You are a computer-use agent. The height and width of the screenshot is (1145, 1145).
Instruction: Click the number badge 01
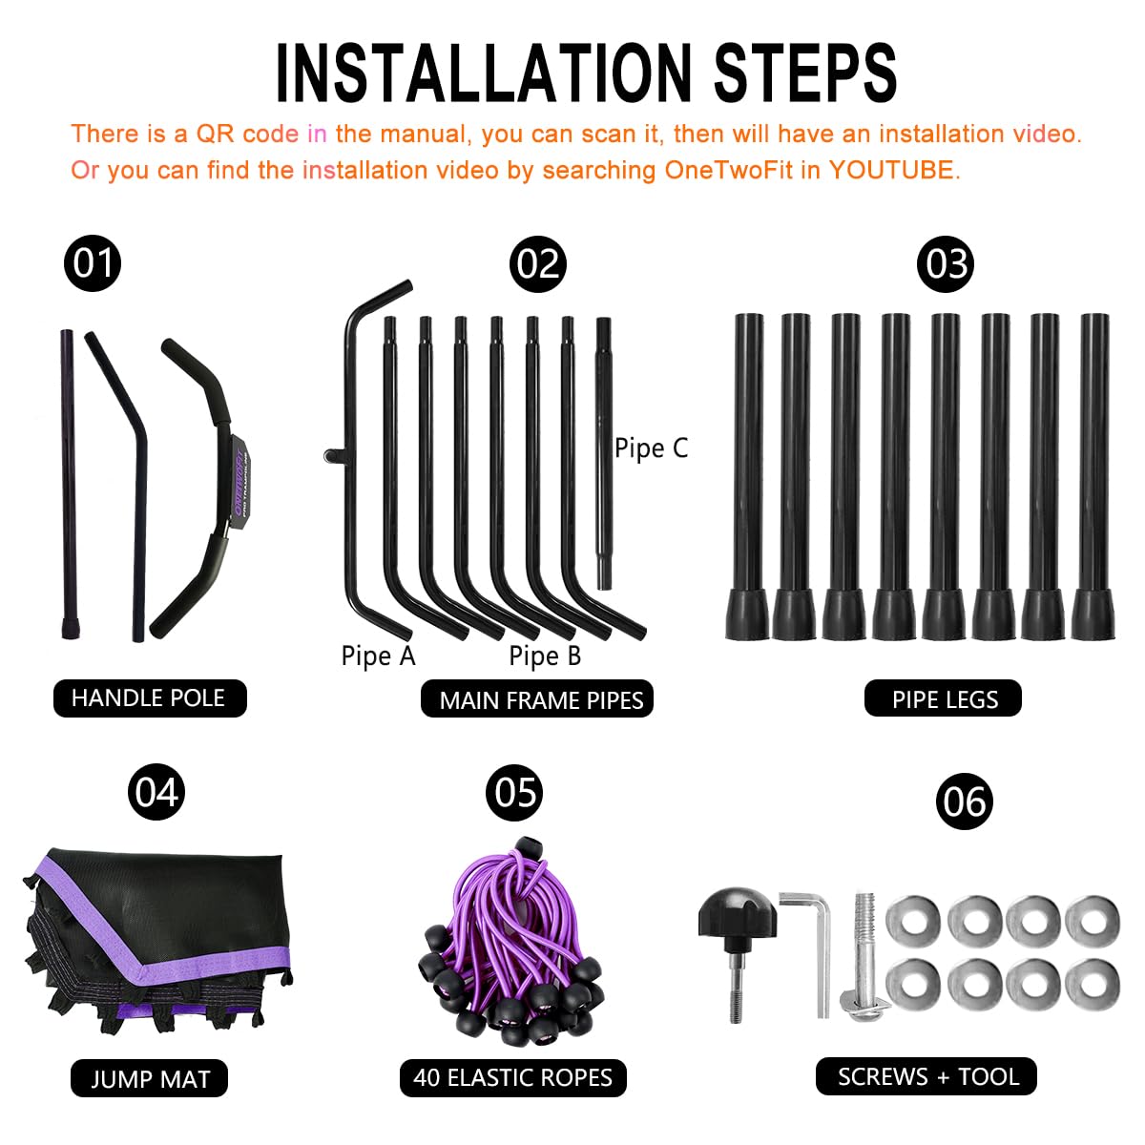(x=93, y=263)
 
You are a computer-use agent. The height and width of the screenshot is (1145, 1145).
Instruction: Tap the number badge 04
(x=156, y=791)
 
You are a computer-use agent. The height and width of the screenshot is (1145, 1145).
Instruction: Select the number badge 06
(x=964, y=801)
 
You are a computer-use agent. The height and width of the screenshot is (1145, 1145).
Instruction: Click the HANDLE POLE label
(x=150, y=698)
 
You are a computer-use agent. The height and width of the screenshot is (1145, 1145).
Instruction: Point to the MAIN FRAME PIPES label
(x=536, y=698)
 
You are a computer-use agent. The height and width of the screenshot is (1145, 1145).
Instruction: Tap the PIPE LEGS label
(x=943, y=698)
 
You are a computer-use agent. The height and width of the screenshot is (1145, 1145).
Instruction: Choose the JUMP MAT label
(x=149, y=1078)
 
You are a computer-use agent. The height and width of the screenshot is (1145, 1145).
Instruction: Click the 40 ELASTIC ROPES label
(x=512, y=1078)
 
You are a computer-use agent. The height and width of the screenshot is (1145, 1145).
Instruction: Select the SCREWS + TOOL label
(x=926, y=1076)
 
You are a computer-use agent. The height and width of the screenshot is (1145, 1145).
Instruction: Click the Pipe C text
(x=651, y=448)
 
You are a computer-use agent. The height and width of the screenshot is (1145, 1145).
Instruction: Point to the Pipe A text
(x=378, y=656)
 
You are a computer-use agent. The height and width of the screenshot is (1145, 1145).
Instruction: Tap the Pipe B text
(x=545, y=656)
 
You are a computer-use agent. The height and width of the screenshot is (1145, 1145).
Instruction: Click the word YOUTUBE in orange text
(x=891, y=170)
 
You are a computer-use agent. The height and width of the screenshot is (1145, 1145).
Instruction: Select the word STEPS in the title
(x=805, y=73)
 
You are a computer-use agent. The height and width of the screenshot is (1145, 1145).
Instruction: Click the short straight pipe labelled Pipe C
(x=604, y=453)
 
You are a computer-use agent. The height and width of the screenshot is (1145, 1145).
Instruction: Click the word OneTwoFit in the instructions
(x=728, y=170)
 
